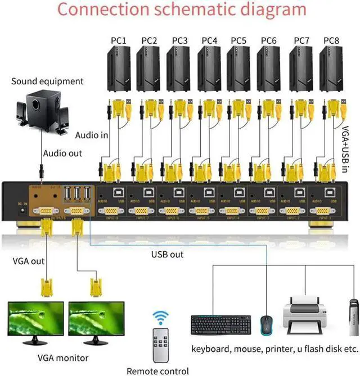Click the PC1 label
(x=119, y=40)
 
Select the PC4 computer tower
(x=209, y=70)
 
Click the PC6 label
(x=269, y=40)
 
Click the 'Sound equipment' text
(x=47, y=81)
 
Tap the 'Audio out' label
(x=62, y=153)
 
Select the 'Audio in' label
(x=92, y=135)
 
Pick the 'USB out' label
(x=168, y=254)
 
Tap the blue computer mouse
(x=265, y=325)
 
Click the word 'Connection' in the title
(x=110, y=10)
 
